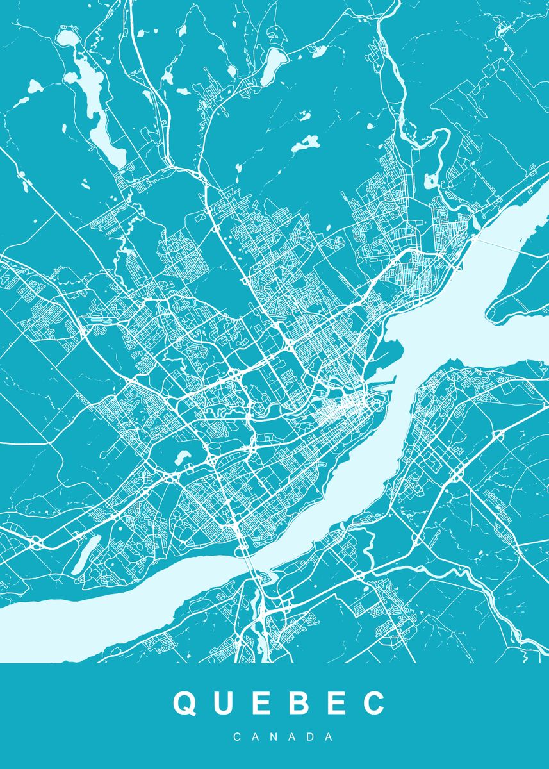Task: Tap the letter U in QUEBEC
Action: [224, 704]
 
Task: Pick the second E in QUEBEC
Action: [335, 704]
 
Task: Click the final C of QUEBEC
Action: [373, 704]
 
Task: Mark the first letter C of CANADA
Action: [237, 738]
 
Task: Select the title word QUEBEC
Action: [279, 704]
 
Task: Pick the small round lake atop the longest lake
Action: [65, 37]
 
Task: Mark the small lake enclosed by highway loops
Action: [181, 457]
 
